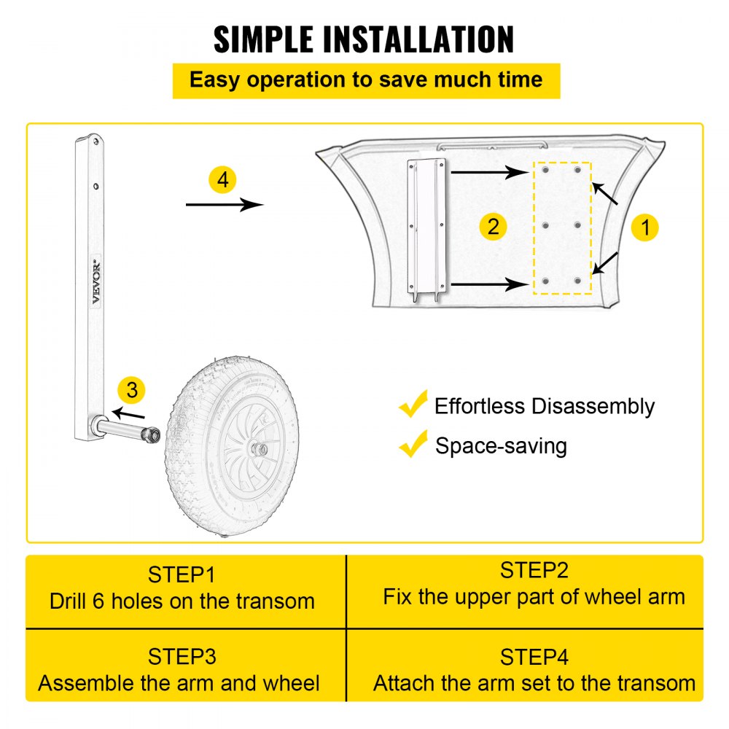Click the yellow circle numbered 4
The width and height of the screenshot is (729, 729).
pos(223,179)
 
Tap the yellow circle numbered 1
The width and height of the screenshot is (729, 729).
pos(644,227)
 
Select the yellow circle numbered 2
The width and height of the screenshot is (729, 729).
pos(494,227)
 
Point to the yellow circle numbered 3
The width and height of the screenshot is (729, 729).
pos(131,390)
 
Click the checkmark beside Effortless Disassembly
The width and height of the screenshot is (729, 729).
pos(413,405)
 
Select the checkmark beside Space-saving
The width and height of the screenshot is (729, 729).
pos(413,443)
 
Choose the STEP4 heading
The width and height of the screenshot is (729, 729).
pos(534,657)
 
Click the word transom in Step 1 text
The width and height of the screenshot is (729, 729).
pos(275,601)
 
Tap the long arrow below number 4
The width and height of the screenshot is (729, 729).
pos(225,205)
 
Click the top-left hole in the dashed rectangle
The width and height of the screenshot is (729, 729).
pos(545,170)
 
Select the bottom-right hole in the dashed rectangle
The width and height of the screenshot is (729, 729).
pos(577,280)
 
